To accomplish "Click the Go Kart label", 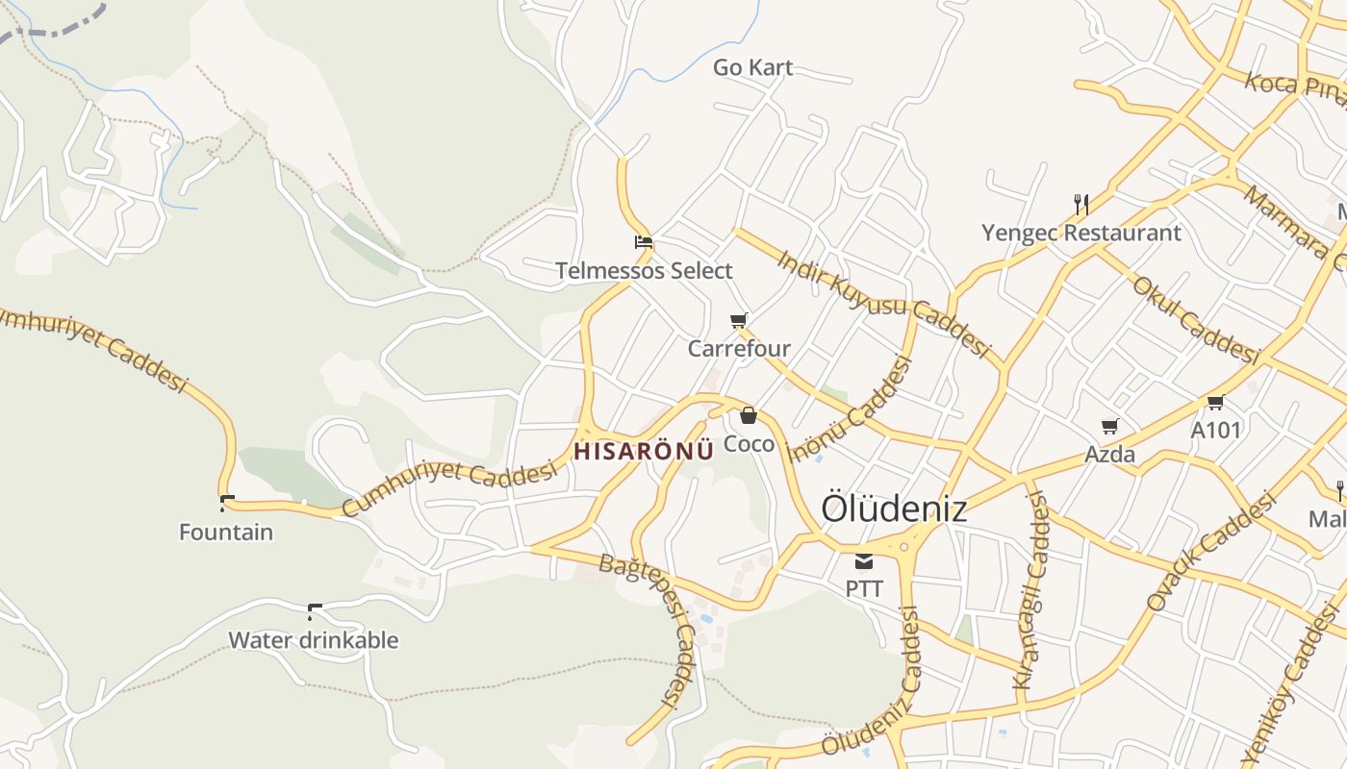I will (x=752, y=67).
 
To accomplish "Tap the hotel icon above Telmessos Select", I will (x=644, y=241).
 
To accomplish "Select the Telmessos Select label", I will (x=644, y=271).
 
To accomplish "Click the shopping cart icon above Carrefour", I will (x=738, y=320).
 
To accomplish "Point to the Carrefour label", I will (x=739, y=348).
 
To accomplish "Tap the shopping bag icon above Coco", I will (x=749, y=415).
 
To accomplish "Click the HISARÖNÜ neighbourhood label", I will (x=644, y=450).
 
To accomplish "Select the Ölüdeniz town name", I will (x=894, y=509).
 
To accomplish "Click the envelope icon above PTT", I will (x=864, y=561).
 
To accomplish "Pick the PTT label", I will (x=864, y=588).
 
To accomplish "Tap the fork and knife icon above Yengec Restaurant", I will (x=1081, y=204).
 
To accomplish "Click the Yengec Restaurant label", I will (x=1081, y=233).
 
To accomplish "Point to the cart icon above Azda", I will (x=1110, y=426).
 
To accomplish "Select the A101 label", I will (x=1216, y=430).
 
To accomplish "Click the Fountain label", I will (x=226, y=532).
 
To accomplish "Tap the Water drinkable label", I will (x=313, y=640).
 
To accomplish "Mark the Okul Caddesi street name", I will (x=1196, y=320).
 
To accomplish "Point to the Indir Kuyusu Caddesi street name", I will (x=883, y=304).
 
